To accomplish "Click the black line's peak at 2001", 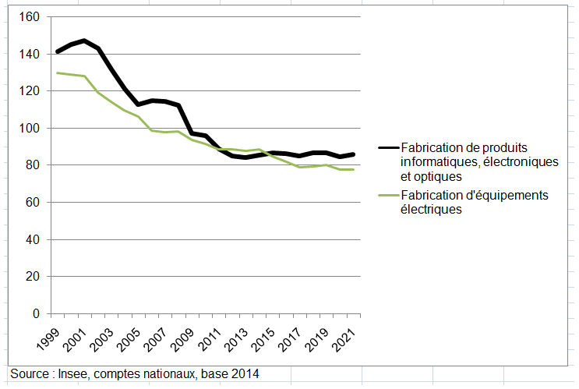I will click(x=84, y=41).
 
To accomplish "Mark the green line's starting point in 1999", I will click(x=57, y=73).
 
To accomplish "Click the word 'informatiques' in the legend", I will click(x=436, y=162).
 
